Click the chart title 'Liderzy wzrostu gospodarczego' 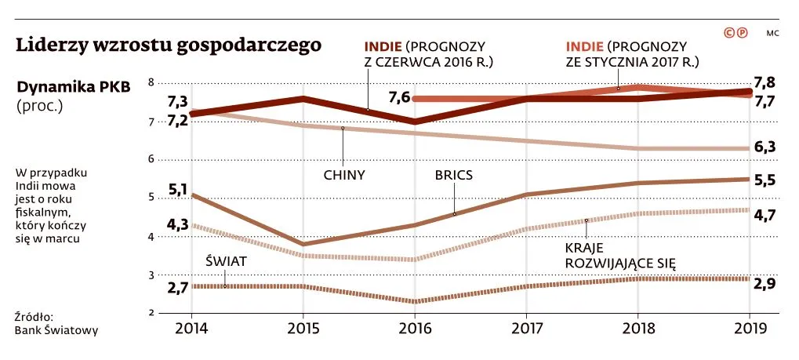(x=169, y=45)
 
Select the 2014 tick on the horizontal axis (x=191, y=329)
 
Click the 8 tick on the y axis (x=151, y=82)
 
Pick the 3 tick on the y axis (x=151, y=275)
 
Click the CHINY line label (x=345, y=175)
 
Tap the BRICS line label (x=454, y=175)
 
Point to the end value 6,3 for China (x=764, y=147)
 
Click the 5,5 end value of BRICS (x=764, y=179)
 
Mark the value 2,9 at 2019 (x=764, y=284)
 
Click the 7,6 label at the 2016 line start (x=399, y=97)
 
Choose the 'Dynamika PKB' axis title (x=74, y=86)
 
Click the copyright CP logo (x=735, y=33)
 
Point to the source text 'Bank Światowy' (x=56, y=330)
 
